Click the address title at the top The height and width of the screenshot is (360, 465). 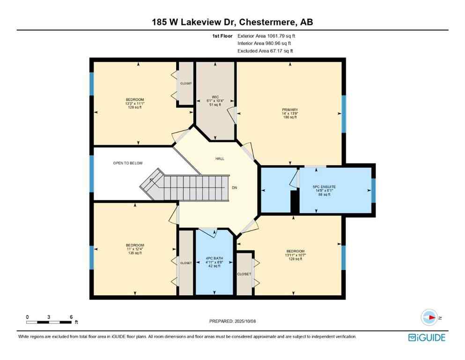[232, 22]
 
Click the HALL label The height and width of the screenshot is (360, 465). [219, 159]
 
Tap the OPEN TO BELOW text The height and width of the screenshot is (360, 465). [128, 163]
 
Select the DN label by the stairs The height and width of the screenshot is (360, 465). [234, 188]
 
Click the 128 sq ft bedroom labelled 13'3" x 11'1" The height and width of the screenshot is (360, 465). [134, 103]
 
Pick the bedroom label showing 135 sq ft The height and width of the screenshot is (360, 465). [134, 249]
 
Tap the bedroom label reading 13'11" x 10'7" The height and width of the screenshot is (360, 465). [295, 255]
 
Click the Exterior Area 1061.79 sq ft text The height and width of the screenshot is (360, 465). [267, 36]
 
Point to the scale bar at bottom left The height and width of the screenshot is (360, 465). [49, 322]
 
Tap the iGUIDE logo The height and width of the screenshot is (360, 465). [426, 337]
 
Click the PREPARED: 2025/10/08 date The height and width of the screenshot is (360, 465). [232, 321]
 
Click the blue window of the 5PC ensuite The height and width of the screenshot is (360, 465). [373, 190]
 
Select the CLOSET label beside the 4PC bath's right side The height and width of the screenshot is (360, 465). [244, 274]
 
